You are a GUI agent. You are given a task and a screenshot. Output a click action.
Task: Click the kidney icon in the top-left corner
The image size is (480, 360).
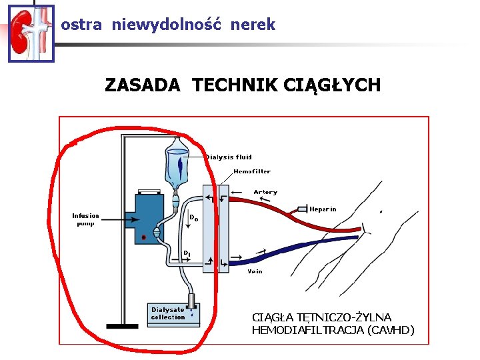click(31, 33)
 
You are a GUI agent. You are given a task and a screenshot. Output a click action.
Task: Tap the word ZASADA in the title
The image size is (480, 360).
click(142, 85)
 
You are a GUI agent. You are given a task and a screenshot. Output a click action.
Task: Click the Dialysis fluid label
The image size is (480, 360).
click(229, 157)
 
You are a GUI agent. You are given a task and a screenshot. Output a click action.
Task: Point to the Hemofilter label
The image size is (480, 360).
click(252, 171)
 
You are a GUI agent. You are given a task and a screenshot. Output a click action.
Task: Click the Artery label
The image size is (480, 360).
click(265, 192)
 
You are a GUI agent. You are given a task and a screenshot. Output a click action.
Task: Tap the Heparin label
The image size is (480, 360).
click(323, 209)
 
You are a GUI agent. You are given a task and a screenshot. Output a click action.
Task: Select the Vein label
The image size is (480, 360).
click(255, 271)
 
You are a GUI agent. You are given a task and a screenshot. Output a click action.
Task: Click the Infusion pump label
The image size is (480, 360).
click(85, 219)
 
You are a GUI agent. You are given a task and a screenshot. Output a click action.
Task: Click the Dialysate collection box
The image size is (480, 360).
click(173, 314)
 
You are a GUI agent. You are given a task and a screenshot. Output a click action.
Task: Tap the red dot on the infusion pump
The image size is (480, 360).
click(143, 237)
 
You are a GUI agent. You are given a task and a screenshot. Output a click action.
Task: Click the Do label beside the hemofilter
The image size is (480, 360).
click(194, 217)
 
